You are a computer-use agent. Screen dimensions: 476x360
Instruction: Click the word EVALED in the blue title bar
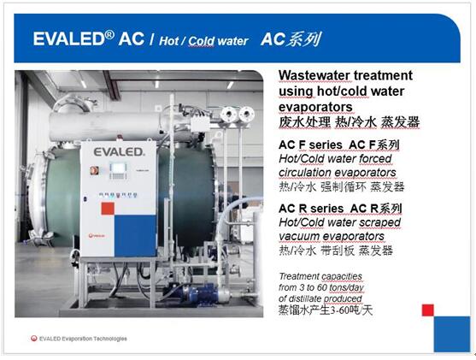69,39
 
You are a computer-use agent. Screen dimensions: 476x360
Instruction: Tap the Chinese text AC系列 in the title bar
291,40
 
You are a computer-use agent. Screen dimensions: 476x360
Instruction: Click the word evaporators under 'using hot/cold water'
315,107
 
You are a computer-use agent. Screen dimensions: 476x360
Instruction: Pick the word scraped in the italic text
379,222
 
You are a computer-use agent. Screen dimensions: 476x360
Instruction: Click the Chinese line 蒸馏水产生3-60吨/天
325,310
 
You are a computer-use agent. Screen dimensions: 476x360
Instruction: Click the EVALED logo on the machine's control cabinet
119,152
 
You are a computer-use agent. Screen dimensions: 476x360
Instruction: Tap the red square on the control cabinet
108,209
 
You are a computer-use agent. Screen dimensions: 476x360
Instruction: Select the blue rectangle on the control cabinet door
135,235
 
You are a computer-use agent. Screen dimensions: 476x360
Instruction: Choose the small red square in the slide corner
428,310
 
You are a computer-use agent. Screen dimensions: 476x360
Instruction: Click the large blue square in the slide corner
452,334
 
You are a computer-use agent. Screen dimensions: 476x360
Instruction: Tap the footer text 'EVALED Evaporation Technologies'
83,339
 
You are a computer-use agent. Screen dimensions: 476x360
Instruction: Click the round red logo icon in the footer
33,339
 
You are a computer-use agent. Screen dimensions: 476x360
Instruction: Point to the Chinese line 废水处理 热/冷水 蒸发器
350,122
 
